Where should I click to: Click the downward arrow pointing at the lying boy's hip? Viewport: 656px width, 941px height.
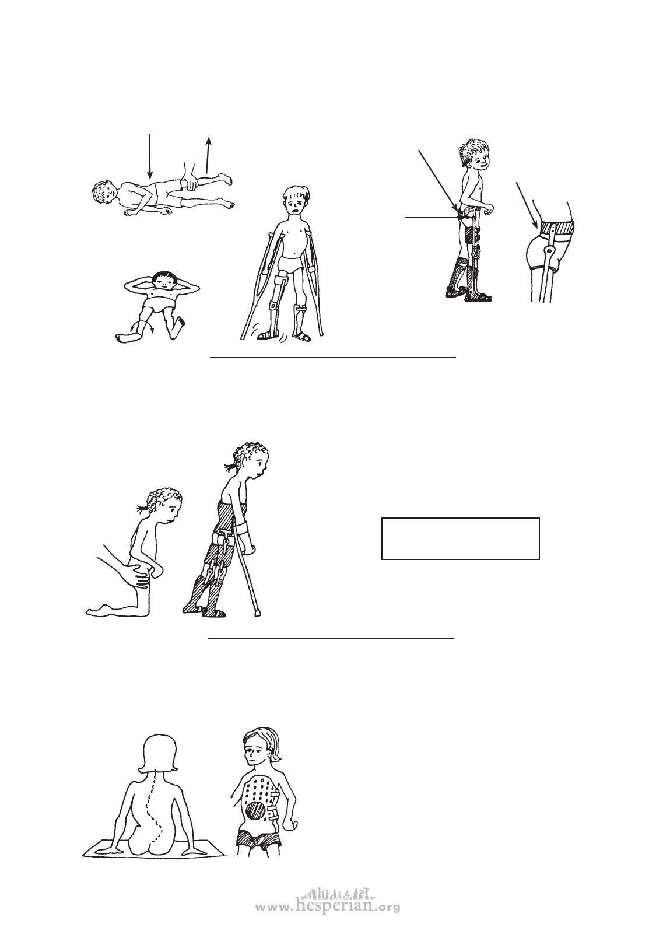pos(149,156)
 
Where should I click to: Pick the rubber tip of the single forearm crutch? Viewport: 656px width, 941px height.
pos(258,614)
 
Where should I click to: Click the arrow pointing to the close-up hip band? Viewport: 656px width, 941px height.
pos(527,205)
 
